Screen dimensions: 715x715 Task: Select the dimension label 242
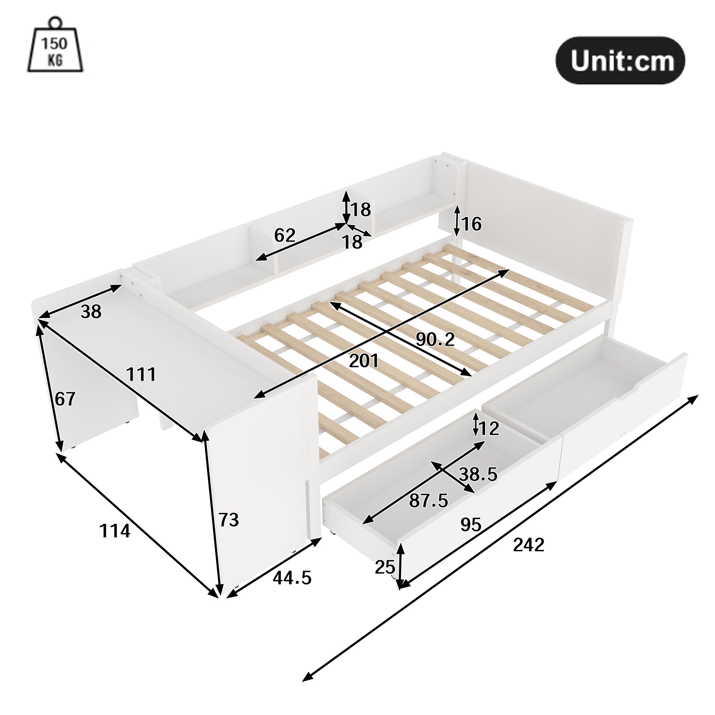pos(528,545)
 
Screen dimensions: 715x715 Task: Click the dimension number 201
pos(364,361)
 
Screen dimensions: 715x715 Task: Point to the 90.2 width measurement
pos(435,339)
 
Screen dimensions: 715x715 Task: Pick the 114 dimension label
pos(115,532)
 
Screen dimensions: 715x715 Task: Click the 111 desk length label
pos(141,375)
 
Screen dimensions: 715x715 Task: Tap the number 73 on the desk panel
pos(228,520)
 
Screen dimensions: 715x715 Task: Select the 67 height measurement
pos(65,399)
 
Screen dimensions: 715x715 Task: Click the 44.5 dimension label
pos(292,578)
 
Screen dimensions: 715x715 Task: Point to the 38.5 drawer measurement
pos(478,474)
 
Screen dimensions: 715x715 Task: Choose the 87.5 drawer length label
pos(428,501)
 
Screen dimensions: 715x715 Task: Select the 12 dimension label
pos(488,429)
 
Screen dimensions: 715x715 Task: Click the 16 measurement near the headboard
pos(472,224)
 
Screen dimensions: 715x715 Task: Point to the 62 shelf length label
pos(285,235)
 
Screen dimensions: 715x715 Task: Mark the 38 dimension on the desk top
pos(91,312)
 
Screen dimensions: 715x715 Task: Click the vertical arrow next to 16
pos(457,221)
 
